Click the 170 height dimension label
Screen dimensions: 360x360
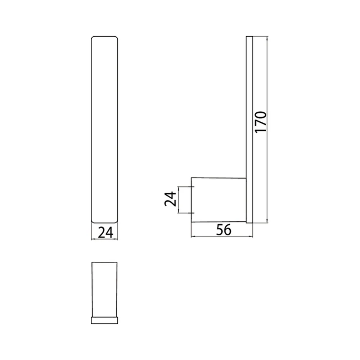coord(261,122)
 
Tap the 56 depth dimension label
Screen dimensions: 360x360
coord(224,230)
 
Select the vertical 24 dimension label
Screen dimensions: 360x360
coord(170,199)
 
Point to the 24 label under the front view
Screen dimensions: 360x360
coord(105,232)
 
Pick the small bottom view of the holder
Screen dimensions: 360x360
coord(104,293)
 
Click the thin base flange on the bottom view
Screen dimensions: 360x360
coord(104,320)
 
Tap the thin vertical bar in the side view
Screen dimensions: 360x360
coord(249,130)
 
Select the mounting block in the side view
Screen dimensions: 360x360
coord(219,200)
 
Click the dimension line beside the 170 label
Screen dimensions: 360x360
coord(267,130)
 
